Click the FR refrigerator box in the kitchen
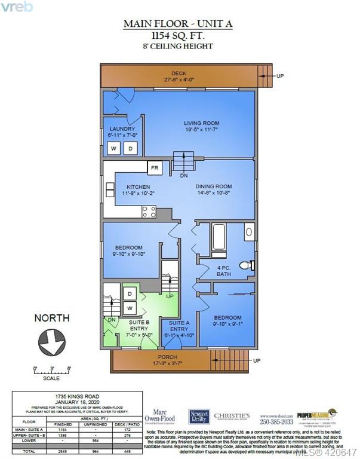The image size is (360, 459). coord(155,169)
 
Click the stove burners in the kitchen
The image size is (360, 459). coord(149,211)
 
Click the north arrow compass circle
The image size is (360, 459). coord(51,342)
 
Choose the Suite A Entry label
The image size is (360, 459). coord(179,325)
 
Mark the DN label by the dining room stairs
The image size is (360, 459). coord(184,175)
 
